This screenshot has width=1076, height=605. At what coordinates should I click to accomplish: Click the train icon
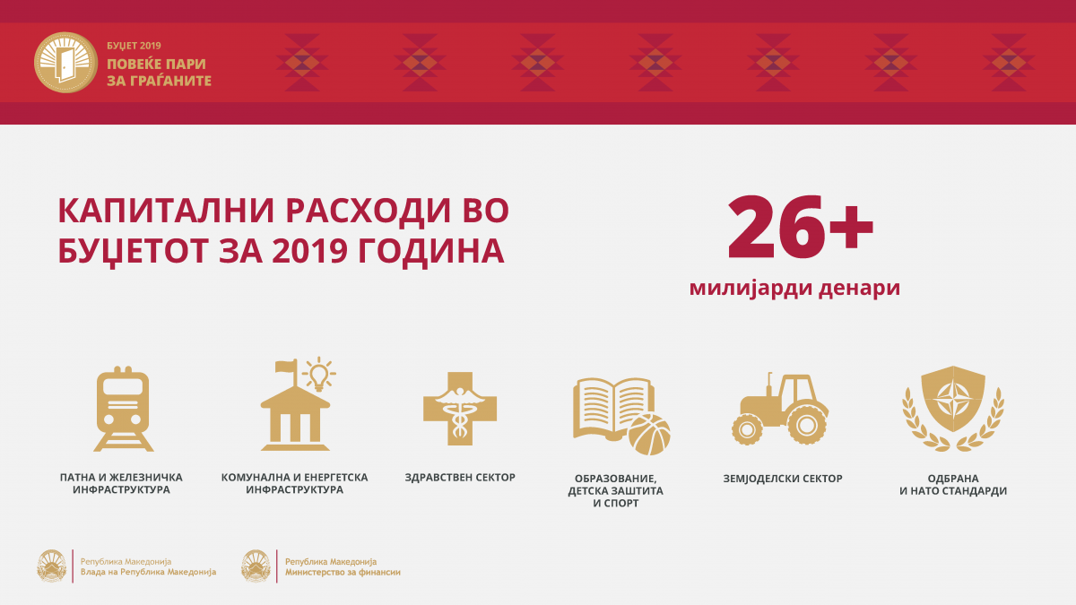click(124, 409)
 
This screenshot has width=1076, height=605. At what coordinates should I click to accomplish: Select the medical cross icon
click(460, 409)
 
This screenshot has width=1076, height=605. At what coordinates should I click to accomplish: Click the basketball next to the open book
click(649, 435)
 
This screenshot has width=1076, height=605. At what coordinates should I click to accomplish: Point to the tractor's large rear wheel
click(807, 425)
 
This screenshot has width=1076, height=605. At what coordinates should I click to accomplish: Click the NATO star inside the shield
click(953, 400)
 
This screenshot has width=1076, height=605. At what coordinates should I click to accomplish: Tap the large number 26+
click(800, 227)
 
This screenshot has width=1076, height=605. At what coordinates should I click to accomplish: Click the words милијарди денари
click(795, 288)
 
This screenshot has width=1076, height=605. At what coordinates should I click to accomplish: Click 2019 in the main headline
click(309, 251)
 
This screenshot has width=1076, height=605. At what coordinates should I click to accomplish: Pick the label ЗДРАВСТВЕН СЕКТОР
click(460, 477)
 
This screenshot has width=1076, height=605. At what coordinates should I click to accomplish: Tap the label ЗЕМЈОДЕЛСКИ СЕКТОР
click(783, 479)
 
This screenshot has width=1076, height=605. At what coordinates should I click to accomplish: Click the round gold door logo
click(65, 63)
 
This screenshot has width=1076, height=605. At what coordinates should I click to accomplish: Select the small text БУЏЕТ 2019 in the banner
click(134, 46)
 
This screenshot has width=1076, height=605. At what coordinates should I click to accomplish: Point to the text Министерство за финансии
click(343, 573)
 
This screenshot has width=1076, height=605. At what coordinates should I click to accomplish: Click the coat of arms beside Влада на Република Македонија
click(52, 566)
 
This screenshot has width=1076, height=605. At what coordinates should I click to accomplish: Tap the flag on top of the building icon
click(286, 367)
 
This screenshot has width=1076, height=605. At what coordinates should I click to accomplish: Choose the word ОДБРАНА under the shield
click(953, 479)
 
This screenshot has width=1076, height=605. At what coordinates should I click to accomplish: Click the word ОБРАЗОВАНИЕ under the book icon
click(615, 479)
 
